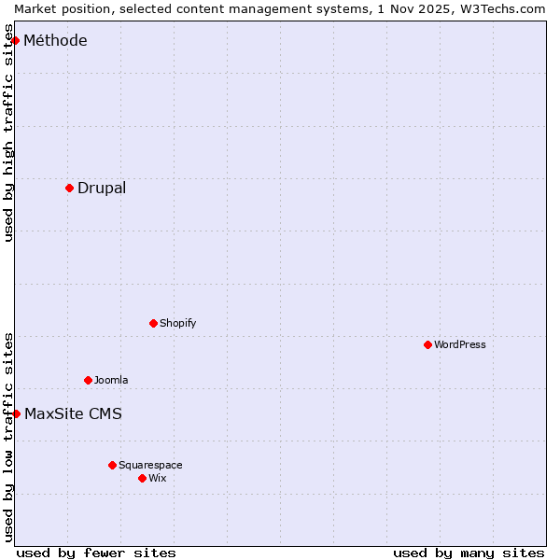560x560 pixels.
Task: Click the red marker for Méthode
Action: pos(16,40)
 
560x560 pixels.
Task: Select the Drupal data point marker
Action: pos(70,188)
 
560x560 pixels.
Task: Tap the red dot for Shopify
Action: pos(153,323)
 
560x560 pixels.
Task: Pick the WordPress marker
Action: pos(427,344)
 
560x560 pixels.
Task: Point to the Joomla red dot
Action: pos(89,380)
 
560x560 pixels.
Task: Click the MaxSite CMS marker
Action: pos(16,413)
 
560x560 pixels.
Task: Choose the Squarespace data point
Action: pos(112,465)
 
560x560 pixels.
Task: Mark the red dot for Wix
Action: pos(142,478)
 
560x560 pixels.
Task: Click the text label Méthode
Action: pos(55,40)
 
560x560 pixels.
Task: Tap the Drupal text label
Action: pos(102,188)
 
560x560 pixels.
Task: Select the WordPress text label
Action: pos(460,344)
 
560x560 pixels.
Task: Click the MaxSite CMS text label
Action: pos(73,413)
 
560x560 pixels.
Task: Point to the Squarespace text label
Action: pos(150,465)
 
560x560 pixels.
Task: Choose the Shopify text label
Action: pos(177,323)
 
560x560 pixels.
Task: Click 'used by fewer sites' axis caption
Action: pos(96,553)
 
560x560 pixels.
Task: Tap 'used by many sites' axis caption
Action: pos(469,553)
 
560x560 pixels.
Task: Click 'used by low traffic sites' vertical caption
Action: pos(9,436)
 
